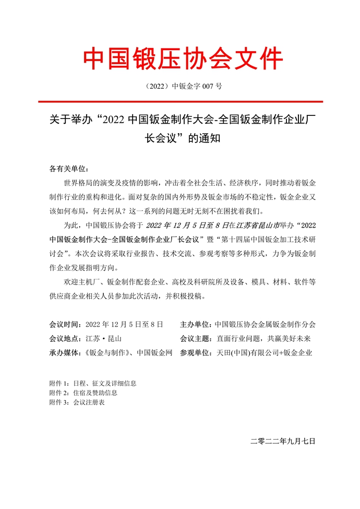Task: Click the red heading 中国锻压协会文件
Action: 183,58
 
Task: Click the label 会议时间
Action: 65,324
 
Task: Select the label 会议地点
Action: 65,338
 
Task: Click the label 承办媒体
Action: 65,352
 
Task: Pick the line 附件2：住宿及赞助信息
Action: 83,393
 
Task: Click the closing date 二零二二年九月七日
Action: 283,441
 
